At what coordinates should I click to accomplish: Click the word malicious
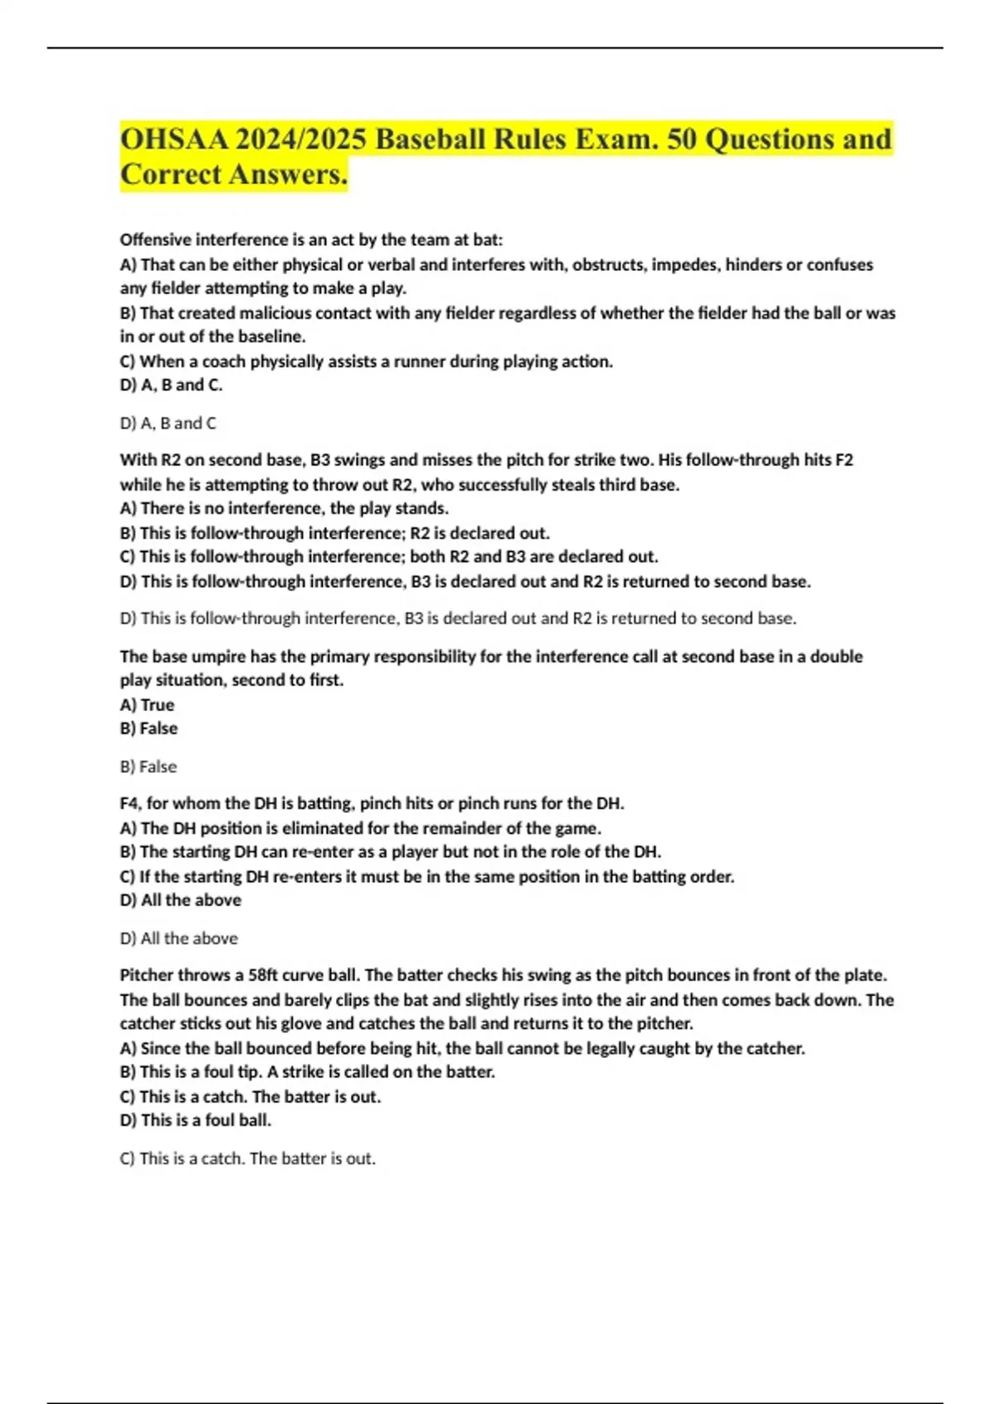273,313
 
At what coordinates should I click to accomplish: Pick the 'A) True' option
147,704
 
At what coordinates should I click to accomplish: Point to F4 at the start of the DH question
130,803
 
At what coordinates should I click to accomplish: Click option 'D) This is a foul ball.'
196,1120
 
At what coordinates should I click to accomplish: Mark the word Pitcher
146,975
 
